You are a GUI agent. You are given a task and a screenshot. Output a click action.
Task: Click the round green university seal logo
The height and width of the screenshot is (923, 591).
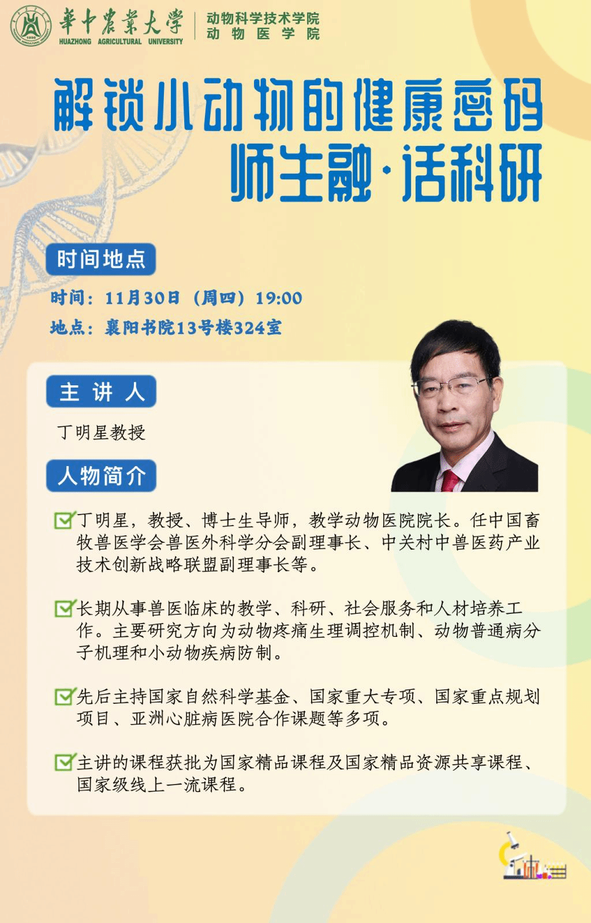(x=31, y=25)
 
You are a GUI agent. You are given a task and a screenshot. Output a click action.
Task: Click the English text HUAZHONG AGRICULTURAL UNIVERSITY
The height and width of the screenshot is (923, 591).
(x=121, y=42)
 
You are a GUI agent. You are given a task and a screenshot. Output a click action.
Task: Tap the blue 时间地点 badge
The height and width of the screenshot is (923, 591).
(x=101, y=259)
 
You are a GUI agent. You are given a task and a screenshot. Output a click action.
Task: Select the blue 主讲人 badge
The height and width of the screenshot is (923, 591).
(x=102, y=392)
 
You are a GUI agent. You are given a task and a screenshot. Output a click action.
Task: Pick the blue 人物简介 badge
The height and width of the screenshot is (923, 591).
(x=102, y=476)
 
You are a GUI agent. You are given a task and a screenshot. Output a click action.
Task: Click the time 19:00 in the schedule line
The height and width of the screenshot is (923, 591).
(x=279, y=298)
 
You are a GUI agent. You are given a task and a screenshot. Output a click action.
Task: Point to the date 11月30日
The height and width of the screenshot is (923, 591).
(x=143, y=298)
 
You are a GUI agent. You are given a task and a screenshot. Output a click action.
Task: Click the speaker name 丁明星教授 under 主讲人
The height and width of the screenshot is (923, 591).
(x=102, y=433)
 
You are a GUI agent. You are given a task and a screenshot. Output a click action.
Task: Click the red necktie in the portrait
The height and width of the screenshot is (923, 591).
(x=450, y=481)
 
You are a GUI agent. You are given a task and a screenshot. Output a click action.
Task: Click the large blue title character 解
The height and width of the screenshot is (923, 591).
(x=73, y=105)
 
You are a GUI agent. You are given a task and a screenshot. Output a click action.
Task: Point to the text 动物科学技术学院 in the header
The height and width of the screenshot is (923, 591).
(x=263, y=18)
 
